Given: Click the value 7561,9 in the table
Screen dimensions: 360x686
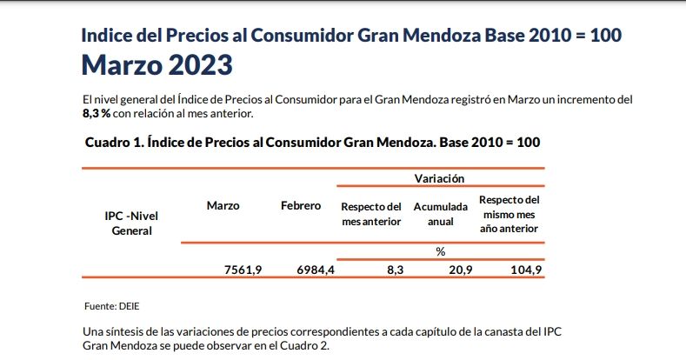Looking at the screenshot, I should pos(243,270).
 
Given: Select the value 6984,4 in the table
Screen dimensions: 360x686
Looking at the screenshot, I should pos(316,270).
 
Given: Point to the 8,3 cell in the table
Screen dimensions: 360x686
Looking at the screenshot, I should pos(395,270).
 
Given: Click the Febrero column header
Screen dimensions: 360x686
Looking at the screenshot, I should pos(301,205).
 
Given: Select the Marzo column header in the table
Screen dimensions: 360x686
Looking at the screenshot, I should pos(223,205).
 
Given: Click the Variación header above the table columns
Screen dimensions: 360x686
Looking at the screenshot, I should pos(439,177).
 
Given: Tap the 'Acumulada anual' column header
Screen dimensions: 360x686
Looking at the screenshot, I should pos(440,214).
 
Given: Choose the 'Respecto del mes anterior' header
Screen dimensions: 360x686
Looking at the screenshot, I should pos(371,214).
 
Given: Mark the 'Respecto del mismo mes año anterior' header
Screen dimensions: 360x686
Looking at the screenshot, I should pos(510,214).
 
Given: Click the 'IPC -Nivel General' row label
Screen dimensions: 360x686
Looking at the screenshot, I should pos(132,223).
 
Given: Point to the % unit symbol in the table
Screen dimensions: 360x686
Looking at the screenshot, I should pos(440,251).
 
